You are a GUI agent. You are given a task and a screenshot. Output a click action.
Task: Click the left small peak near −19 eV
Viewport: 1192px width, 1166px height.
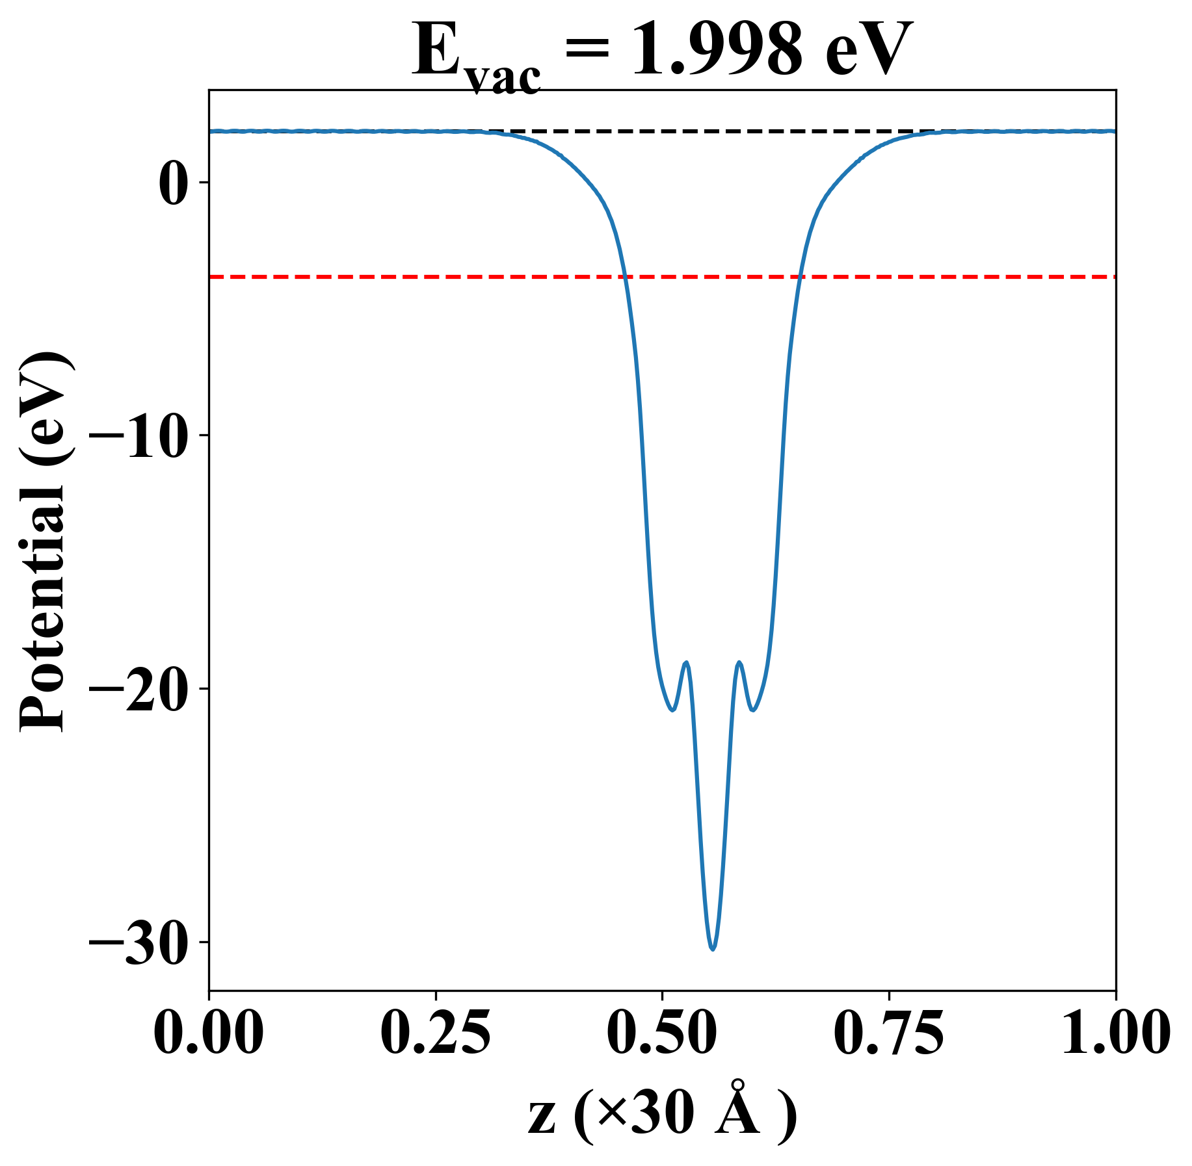tap(685, 662)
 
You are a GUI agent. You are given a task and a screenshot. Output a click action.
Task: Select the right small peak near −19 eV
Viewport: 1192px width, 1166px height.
tap(739, 662)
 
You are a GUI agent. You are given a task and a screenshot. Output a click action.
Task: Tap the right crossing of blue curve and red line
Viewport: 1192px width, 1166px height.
tap(801, 277)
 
